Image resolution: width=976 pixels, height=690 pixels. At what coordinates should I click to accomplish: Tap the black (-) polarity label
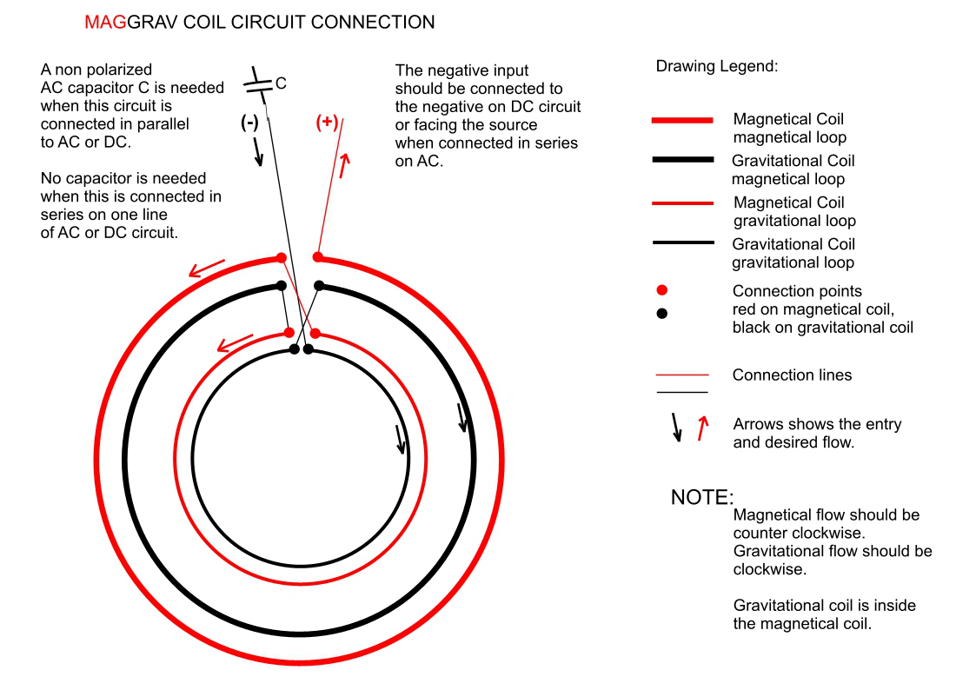click(x=249, y=123)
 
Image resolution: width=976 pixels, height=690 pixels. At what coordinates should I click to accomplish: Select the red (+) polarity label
click(x=327, y=123)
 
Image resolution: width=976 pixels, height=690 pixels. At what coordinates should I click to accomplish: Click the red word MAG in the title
click(x=105, y=23)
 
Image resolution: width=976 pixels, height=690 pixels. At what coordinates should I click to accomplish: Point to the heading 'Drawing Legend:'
click(x=716, y=67)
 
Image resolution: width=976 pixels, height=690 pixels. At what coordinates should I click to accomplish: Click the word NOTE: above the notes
click(x=702, y=498)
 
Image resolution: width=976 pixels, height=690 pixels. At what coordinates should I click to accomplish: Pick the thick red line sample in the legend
click(x=682, y=120)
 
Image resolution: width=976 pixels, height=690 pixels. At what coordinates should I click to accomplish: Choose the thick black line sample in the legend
click(x=682, y=161)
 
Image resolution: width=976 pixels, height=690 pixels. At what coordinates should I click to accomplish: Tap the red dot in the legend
click(x=662, y=289)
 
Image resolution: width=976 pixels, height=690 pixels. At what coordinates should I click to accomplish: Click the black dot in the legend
click(x=662, y=313)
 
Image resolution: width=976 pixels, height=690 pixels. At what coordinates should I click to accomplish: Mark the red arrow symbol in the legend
click(x=702, y=427)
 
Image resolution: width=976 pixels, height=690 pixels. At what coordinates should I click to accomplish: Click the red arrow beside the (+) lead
click(x=345, y=165)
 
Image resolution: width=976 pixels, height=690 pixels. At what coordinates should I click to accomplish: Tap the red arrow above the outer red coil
click(x=207, y=267)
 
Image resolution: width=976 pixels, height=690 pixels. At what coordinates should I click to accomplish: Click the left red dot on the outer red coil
click(x=281, y=257)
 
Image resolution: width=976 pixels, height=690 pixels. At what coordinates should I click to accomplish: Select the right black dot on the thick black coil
click(x=319, y=285)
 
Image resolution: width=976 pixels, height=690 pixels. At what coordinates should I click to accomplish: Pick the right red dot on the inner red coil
click(x=315, y=333)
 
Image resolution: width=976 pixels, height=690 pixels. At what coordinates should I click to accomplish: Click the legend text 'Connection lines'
click(x=792, y=375)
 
